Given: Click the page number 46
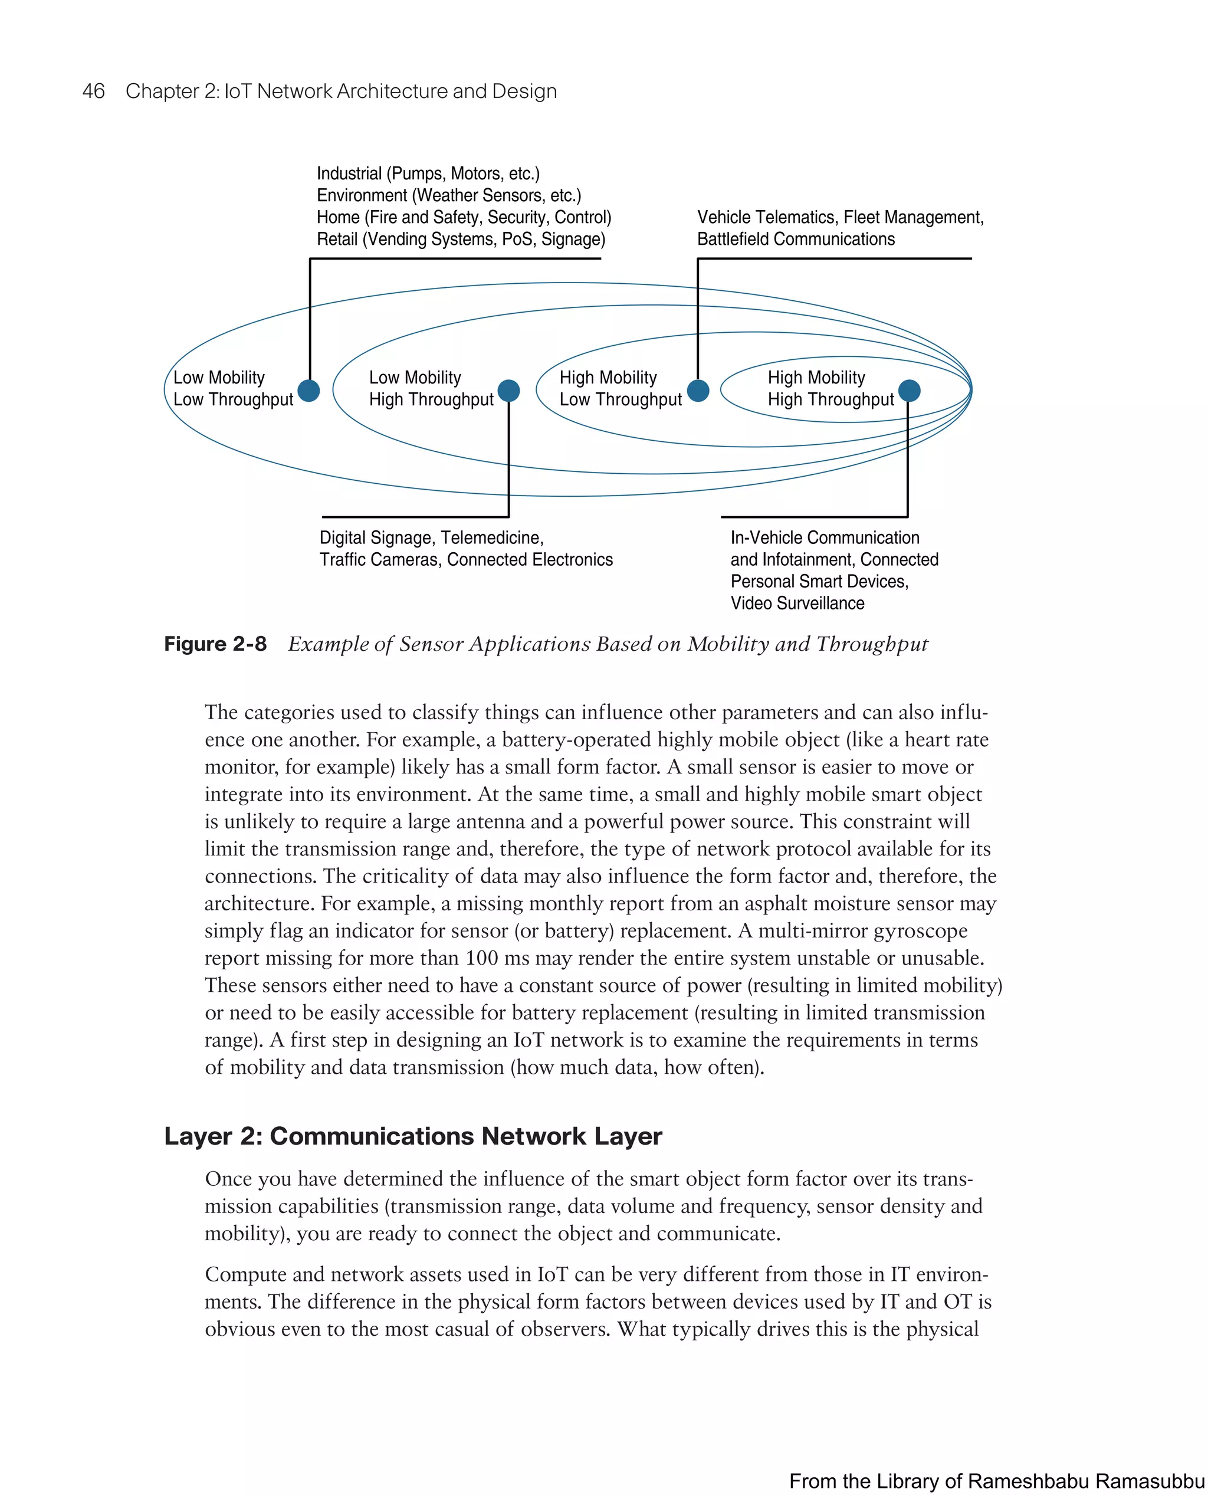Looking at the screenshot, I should pyautogui.click(x=93, y=91).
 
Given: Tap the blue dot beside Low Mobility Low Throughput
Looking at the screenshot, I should pyautogui.click(x=308, y=391).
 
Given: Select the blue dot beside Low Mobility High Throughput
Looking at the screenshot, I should pyautogui.click(x=508, y=391).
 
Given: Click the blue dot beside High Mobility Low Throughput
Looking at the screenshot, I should pyautogui.click(x=698, y=391).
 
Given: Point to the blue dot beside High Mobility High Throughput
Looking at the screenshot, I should pyautogui.click(x=909, y=391).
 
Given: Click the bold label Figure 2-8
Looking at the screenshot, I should pyautogui.click(x=215, y=644).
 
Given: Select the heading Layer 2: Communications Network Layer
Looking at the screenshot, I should pyautogui.click(x=413, y=1136).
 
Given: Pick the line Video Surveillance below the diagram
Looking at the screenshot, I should pyautogui.click(x=797, y=603).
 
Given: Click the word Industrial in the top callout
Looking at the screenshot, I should pyautogui.click(x=349, y=173).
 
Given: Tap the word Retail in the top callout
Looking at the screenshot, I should pyautogui.click(x=337, y=239).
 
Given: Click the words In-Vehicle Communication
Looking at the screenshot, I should pyautogui.click(x=825, y=537).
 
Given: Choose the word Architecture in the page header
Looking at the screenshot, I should pyautogui.click(x=392, y=91).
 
